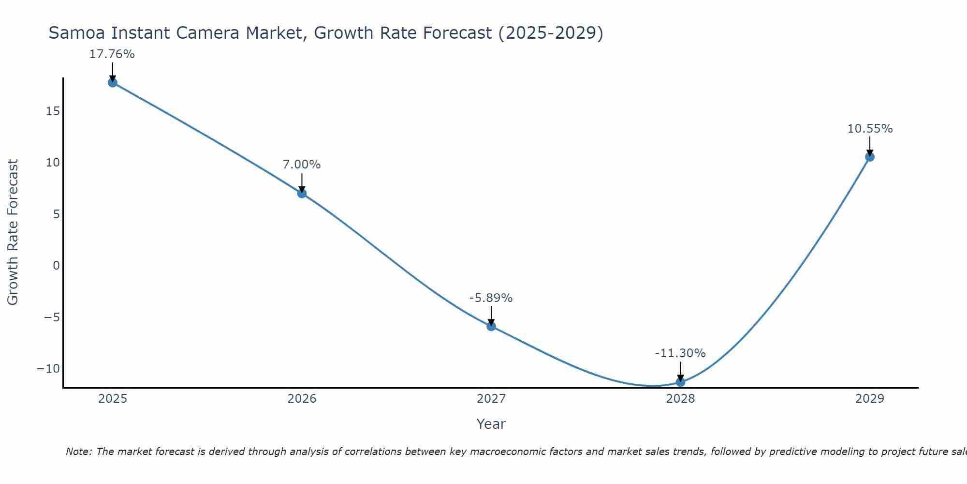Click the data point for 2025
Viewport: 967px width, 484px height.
tap(113, 82)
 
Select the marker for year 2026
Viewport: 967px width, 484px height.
tap(302, 194)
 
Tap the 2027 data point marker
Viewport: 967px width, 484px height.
tap(491, 326)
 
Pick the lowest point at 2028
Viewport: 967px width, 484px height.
tap(680, 382)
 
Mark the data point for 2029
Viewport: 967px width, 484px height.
tap(870, 157)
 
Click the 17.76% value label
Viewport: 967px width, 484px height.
tap(112, 54)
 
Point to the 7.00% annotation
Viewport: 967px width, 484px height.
tap(302, 165)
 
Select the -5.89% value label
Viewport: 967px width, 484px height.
tap(491, 298)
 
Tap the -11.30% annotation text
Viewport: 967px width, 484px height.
tap(680, 353)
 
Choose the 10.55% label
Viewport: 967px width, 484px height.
tap(870, 129)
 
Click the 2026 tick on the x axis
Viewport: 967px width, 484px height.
tap(302, 399)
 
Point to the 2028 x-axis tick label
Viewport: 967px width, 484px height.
tap(680, 399)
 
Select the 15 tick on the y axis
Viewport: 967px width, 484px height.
tap(53, 111)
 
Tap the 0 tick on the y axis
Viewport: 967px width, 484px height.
tap(57, 265)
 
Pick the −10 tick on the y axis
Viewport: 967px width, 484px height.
tap(48, 369)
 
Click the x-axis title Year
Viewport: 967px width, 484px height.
tap(491, 424)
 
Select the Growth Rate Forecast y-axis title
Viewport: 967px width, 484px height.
tap(13, 232)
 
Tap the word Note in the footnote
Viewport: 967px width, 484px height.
tap(78, 452)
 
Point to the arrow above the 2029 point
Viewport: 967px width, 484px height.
tap(870, 146)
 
